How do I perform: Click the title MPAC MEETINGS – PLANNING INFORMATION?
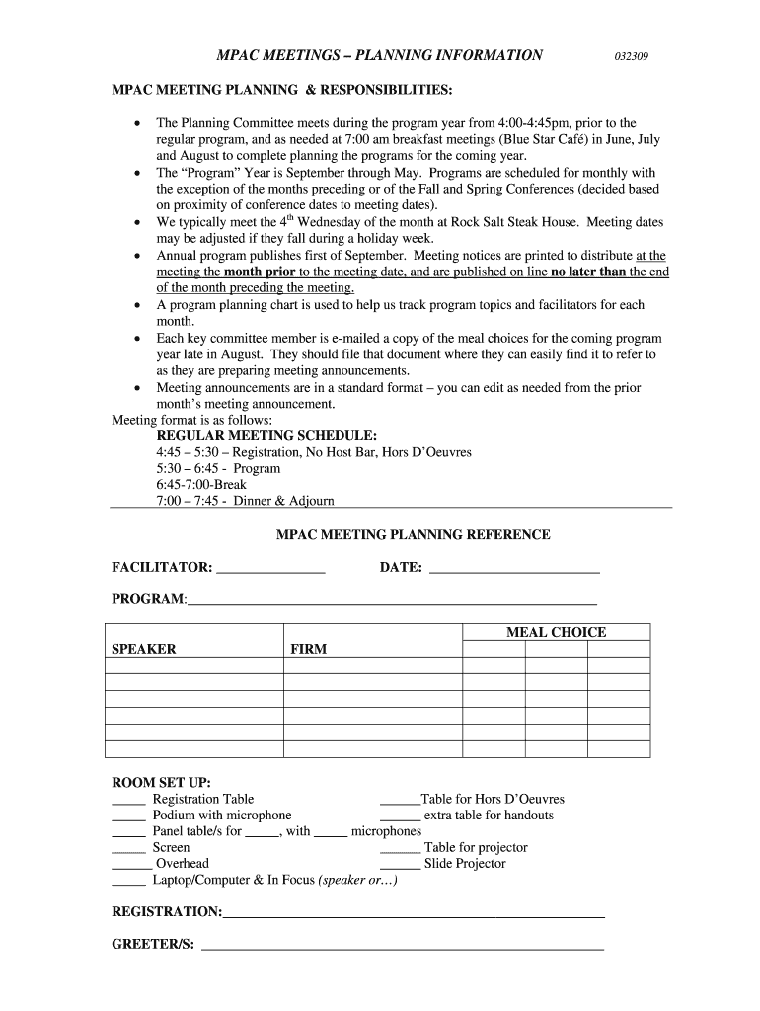(x=380, y=55)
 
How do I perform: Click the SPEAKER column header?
(x=144, y=649)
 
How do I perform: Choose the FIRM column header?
(x=308, y=649)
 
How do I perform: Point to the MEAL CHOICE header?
(x=556, y=632)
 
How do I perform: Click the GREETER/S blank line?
(x=402, y=948)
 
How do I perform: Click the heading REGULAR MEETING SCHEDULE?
(x=266, y=435)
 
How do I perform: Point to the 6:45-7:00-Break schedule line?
(x=201, y=485)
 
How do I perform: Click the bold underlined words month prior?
(x=260, y=272)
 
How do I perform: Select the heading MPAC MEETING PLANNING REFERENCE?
(x=413, y=535)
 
